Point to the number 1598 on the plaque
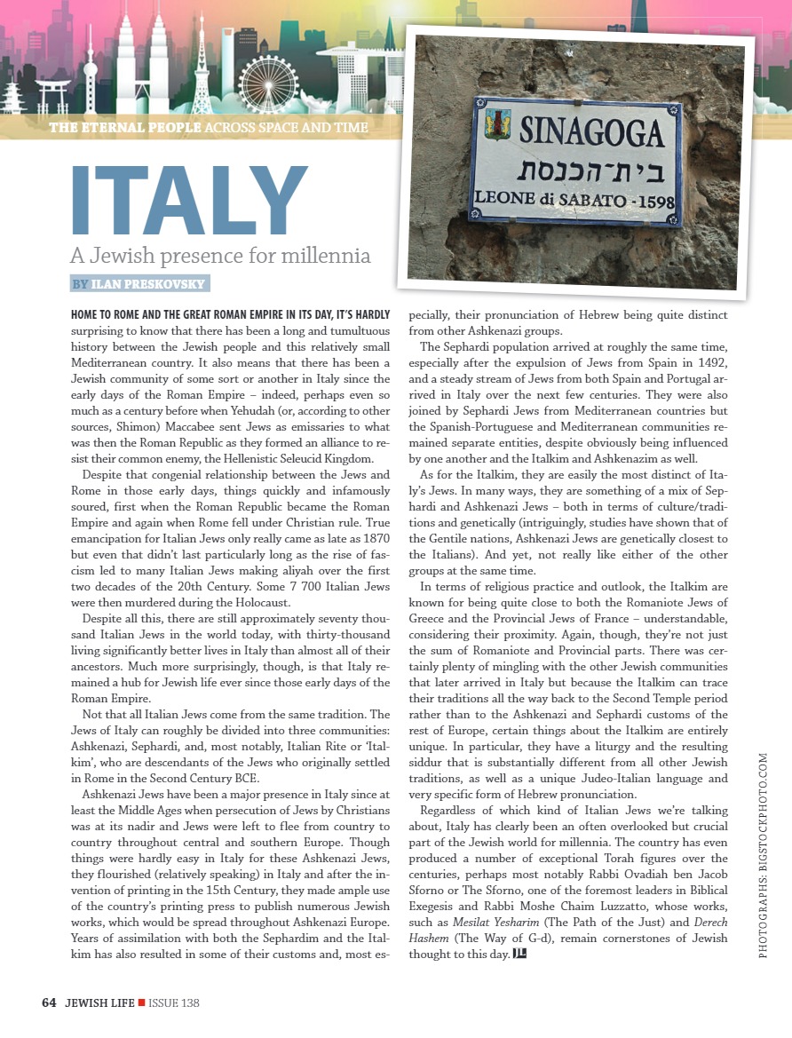coord(652,201)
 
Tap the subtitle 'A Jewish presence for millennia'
coord(219,258)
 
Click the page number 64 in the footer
coord(49,1002)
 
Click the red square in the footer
coord(140,1002)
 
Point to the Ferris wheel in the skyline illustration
coord(267,83)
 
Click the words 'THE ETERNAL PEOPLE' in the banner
coord(125,127)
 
